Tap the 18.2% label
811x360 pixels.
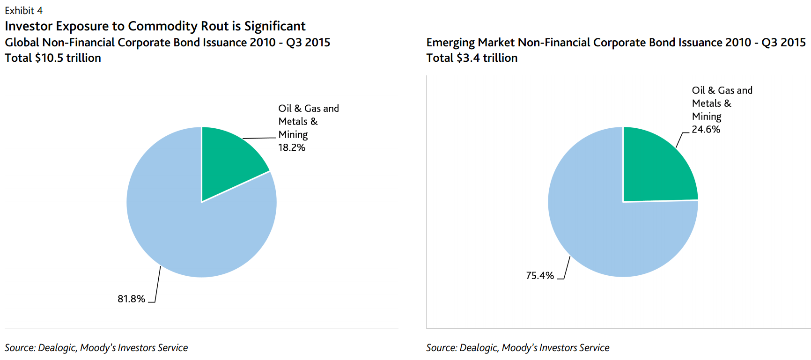(292, 147)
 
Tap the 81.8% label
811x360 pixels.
(131, 299)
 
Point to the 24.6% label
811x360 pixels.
(706, 129)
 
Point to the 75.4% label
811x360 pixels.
(539, 275)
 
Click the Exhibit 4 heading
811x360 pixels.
(23, 10)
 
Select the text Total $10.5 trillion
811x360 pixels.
(53, 58)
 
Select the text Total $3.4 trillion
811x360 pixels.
(472, 58)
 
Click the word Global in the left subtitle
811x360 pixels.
(22, 43)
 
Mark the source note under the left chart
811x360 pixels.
(96, 347)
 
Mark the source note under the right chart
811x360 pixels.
(517, 347)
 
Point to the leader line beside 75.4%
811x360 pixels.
(567, 268)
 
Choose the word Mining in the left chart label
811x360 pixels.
(293, 135)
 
